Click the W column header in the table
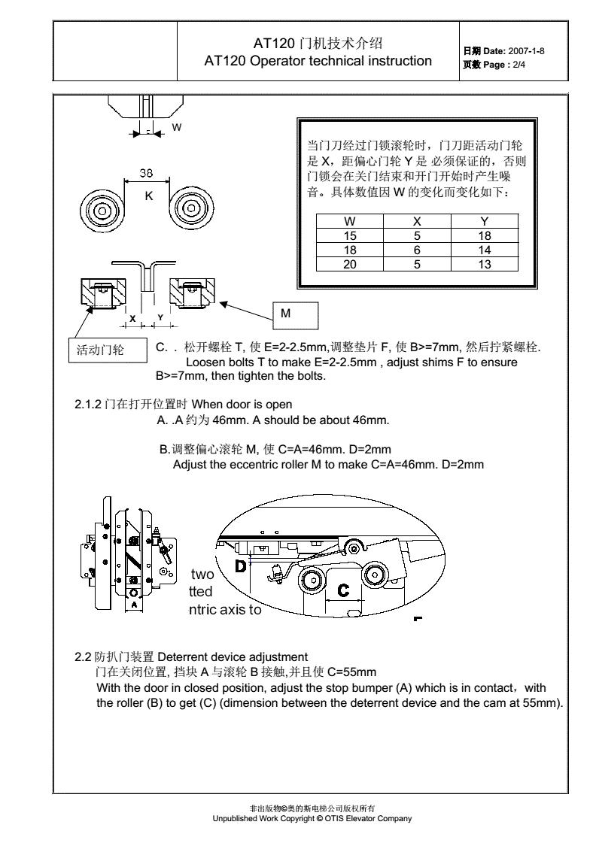point(350,222)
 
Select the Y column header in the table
point(484,222)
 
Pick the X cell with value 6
point(417,250)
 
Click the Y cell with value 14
point(484,250)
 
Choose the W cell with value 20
point(350,264)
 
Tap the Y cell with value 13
point(484,264)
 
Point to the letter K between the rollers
point(148,196)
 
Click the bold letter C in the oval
point(343,590)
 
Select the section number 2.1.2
point(88,405)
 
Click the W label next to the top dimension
point(177,127)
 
